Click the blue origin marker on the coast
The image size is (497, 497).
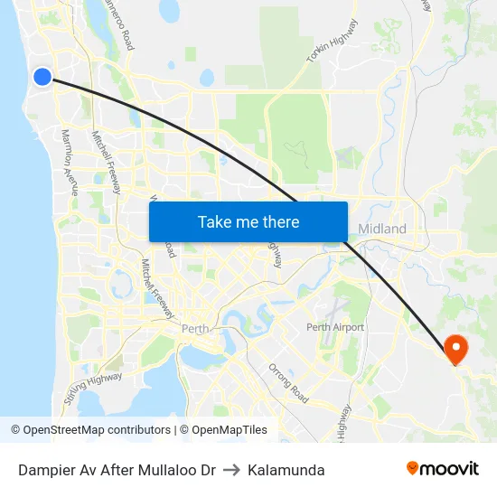[x=42, y=77]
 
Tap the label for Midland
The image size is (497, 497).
[x=382, y=229]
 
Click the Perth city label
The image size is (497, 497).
[x=195, y=329]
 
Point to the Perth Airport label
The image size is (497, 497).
[x=335, y=327]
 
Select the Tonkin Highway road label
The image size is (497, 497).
[x=332, y=41]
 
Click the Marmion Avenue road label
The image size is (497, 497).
[x=70, y=162]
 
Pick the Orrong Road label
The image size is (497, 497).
[x=288, y=383]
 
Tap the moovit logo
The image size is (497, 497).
[x=443, y=468]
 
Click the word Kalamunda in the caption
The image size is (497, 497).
[x=286, y=470]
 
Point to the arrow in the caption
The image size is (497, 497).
[x=231, y=470]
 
